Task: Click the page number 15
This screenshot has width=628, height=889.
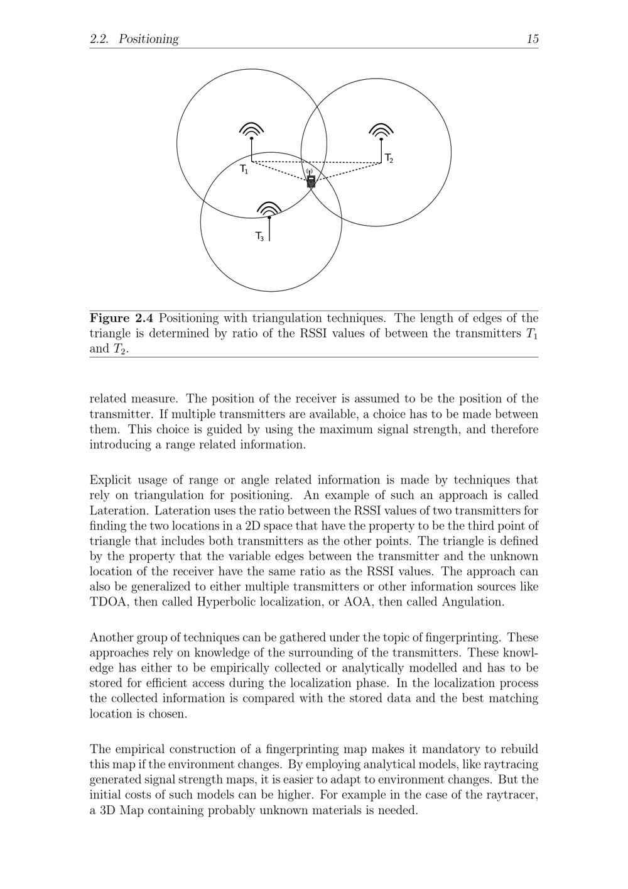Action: (x=532, y=39)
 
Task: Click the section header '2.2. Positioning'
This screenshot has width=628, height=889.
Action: (x=134, y=39)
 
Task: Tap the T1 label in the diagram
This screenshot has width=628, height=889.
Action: (x=244, y=169)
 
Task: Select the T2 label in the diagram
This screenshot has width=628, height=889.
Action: (x=389, y=158)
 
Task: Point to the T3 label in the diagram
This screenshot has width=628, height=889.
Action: (x=259, y=236)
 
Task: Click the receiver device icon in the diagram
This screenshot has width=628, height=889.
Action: (x=311, y=181)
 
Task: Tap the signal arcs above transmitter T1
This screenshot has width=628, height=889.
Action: (x=251, y=129)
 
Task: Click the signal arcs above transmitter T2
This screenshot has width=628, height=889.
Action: (x=381, y=130)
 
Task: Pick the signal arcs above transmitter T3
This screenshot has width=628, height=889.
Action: (x=269, y=208)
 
